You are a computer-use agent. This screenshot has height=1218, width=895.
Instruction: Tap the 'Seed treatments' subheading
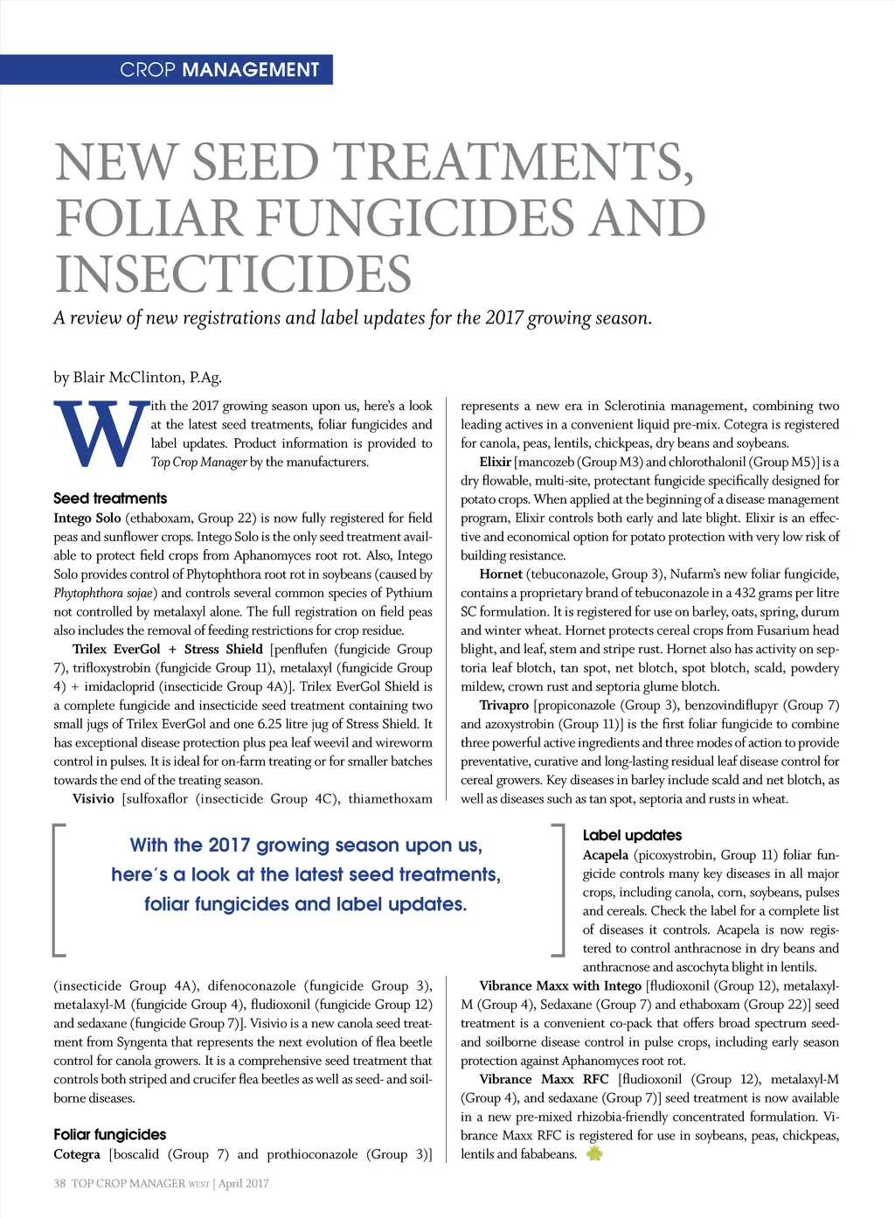point(110,498)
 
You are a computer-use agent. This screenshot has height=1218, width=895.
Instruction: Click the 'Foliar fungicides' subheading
point(110,1134)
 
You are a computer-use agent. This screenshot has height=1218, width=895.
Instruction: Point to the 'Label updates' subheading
point(632,835)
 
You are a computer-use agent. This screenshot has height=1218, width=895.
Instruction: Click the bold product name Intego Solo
point(87,518)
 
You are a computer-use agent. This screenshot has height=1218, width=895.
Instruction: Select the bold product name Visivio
point(94,798)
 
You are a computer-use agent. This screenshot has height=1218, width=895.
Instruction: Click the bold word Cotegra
point(77,1154)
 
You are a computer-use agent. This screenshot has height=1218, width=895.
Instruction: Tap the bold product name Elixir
point(495,462)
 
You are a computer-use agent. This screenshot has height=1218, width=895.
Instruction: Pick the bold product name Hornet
point(501,574)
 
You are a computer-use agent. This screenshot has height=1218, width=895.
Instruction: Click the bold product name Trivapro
point(504,705)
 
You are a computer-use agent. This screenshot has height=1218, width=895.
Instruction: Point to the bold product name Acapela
point(606,854)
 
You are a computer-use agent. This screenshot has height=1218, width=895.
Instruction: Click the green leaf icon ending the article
point(594,1154)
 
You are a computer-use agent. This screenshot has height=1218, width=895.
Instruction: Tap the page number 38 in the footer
point(59,1183)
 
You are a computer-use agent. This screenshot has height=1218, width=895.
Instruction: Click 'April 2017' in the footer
point(244,1183)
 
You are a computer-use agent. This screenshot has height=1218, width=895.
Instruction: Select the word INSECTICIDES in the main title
point(232,274)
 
